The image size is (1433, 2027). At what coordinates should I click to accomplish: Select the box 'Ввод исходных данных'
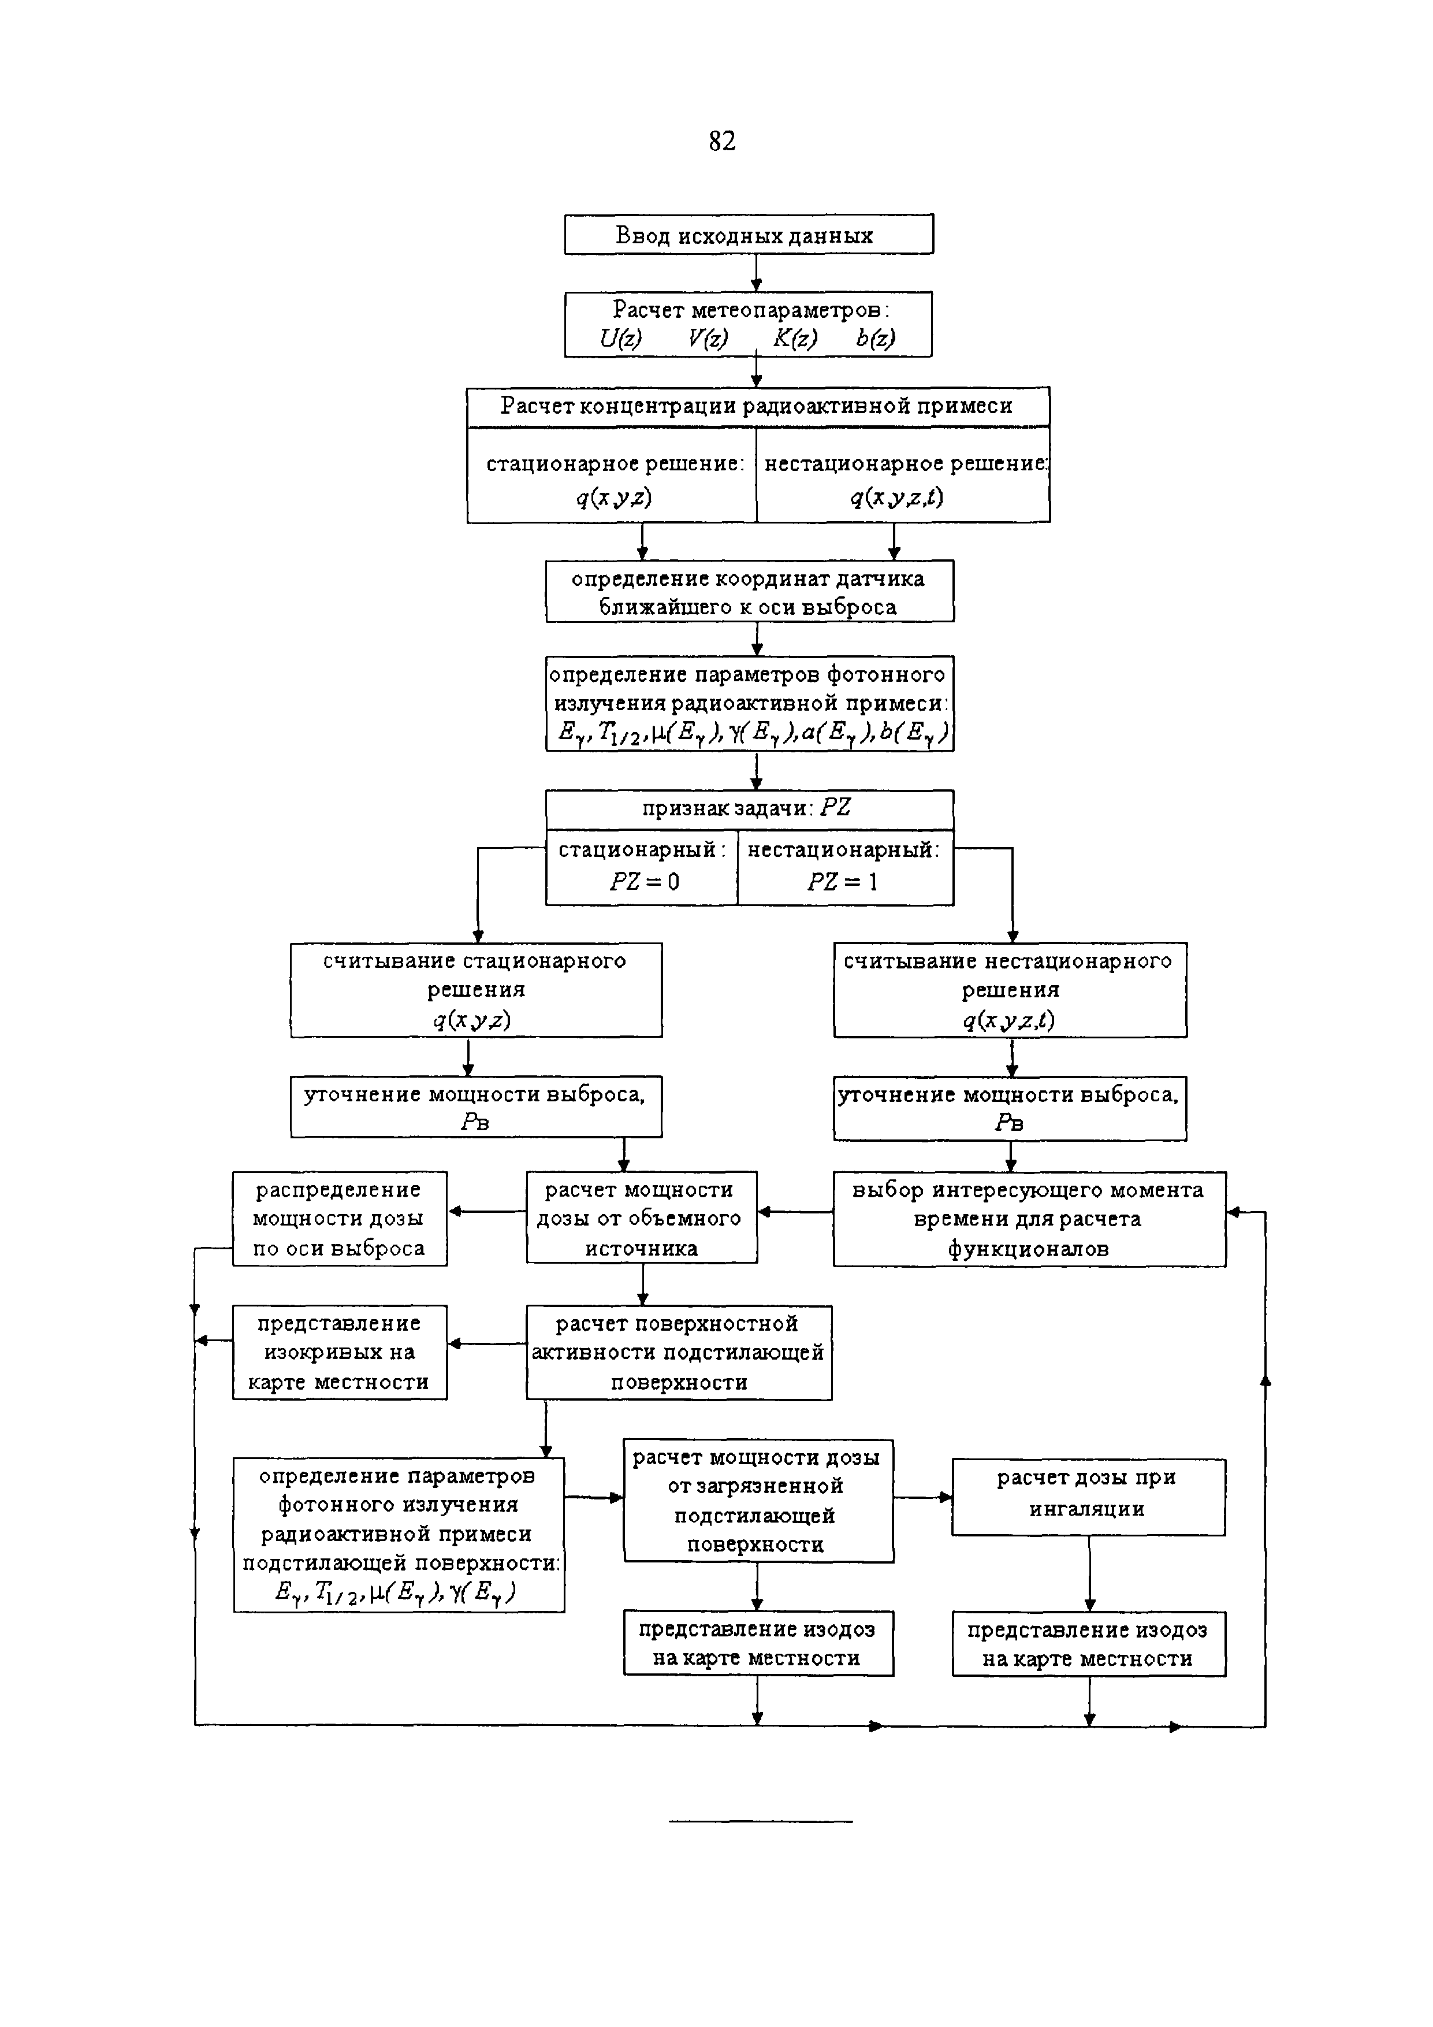point(748,235)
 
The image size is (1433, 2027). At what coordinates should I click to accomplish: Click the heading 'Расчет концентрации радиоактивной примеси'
point(757,406)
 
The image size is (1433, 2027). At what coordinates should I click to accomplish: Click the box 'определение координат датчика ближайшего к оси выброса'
point(749,592)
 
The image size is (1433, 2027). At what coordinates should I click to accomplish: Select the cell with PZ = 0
point(642,866)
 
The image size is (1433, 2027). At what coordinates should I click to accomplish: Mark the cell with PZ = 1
point(844,866)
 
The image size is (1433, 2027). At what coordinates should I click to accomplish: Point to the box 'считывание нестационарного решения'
point(1010,990)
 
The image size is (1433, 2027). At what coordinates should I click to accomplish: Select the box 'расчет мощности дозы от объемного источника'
point(642,1218)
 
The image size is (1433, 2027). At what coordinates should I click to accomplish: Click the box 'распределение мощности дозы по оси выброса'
point(340,1218)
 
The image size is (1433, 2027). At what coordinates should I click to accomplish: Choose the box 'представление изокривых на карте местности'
point(340,1353)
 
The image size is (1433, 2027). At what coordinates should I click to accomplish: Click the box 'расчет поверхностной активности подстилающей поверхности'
point(679,1353)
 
